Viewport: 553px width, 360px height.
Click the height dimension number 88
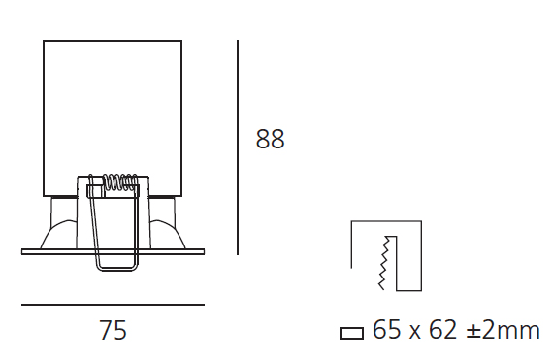[270, 139]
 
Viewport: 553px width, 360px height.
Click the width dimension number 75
[113, 330]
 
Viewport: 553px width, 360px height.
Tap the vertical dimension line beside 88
[238, 147]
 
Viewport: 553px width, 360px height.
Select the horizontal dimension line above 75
[113, 305]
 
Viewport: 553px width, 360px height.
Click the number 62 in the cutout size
[443, 330]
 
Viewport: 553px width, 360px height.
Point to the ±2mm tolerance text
[503, 330]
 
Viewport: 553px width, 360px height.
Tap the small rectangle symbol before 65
[351, 333]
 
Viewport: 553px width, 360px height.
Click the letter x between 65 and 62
[415, 333]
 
